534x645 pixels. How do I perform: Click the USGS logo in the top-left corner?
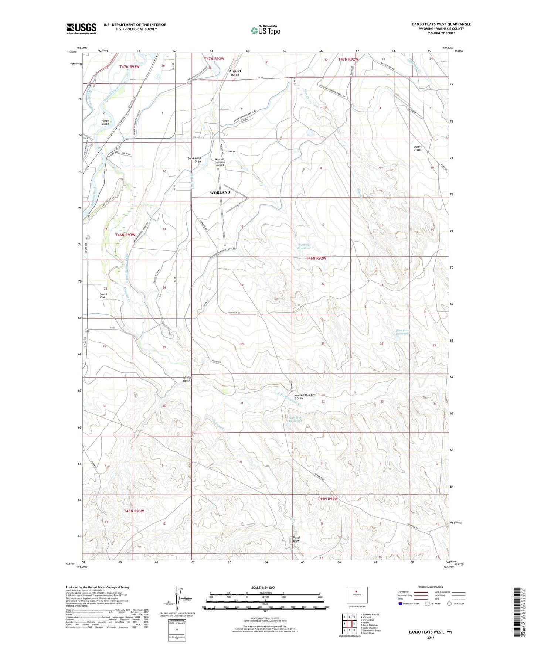[81, 28]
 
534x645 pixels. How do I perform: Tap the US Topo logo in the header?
[265, 30]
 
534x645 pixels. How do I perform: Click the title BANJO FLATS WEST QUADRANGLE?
[441, 24]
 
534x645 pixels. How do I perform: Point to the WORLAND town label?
[220, 192]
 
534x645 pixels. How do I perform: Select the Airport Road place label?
[235, 73]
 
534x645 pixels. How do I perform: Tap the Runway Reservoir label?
[304, 246]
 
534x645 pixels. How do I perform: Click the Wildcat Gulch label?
[187, 379]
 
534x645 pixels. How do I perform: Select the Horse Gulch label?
[105, 122]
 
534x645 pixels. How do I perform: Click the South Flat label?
[103, 296]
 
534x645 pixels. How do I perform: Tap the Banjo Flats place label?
[417, 148]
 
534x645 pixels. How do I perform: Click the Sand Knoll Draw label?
[195, 160]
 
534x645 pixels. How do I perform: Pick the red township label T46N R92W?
[316, 259]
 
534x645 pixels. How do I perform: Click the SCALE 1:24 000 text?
[263, 587]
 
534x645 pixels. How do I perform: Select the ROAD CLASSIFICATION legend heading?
[431, 587]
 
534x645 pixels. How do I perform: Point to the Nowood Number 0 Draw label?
[305, 396]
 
